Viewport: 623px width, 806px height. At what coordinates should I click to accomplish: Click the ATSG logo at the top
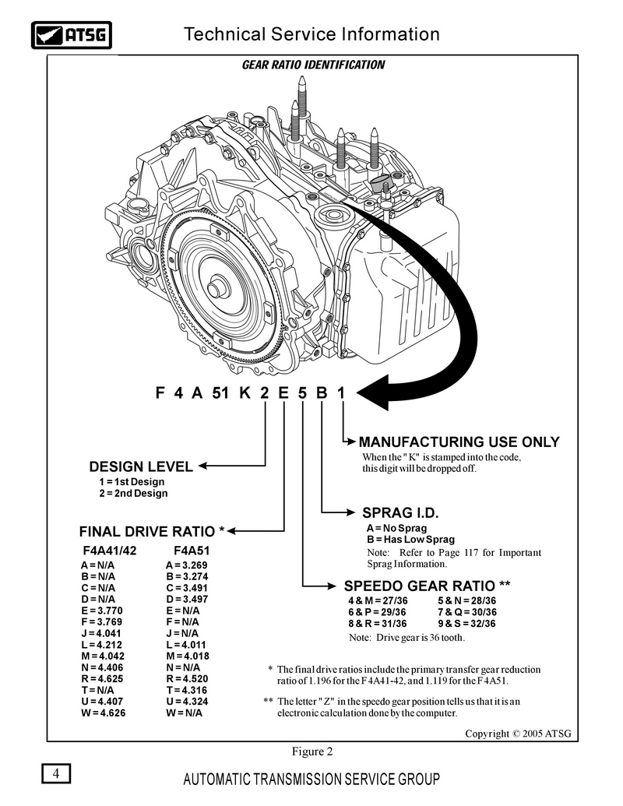click(x=72, y=35)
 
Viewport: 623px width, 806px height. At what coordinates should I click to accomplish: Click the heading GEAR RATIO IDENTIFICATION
click(x=313, y=65)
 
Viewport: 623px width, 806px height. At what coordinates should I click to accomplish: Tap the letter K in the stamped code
click(x=245, y=393)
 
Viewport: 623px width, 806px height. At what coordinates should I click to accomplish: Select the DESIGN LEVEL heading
click(x=141, y=466)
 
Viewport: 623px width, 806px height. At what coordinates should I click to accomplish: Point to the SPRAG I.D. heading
click(x=400, y=513)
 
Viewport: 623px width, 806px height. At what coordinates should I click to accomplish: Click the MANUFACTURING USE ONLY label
click(x=459, y=442)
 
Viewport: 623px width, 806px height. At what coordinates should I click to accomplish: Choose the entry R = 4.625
click(x=102, y=678)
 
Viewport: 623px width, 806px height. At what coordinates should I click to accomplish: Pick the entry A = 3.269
click(x=187, y=565)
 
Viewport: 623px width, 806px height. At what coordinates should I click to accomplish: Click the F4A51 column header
click(x=192, y=551)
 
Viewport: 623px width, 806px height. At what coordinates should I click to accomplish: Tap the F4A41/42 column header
click(x=110, y=551)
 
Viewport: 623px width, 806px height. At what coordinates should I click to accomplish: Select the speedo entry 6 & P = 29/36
click(x=377, y=612)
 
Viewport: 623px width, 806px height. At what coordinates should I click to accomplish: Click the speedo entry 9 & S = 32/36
click(x=466, y=624)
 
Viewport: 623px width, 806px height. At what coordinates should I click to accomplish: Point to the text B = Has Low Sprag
click(x=410, y=539)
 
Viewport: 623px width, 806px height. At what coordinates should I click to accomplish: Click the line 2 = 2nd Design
click(x=134, y=494)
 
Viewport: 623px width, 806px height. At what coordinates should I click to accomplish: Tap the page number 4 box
click(x=56, y=773)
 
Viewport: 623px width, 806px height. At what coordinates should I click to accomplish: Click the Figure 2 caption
click(x=312, y=751)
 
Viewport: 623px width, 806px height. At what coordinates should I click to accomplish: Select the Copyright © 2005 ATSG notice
click(x=518, y=734)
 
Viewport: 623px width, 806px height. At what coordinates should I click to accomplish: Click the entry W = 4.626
click(x=103, y=713)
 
